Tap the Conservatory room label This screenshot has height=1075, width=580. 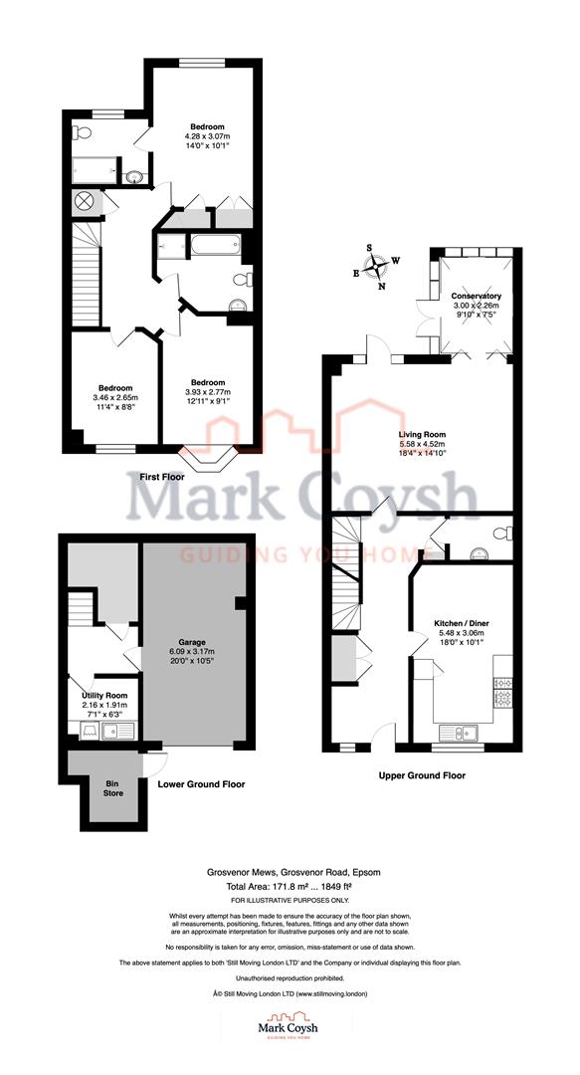(476, 297)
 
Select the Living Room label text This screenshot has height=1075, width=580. (422, 434)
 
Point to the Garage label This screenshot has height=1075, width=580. (191, 643)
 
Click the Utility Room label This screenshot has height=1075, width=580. (104, 694)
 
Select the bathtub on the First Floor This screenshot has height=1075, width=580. (215, 245)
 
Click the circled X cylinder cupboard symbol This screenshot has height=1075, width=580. (85, 201)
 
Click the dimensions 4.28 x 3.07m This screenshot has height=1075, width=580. (208, 137)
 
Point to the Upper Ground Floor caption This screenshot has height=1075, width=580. (422, 774)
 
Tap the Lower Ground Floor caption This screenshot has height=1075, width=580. (202, 783)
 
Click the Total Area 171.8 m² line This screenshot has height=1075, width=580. (290, 886)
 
